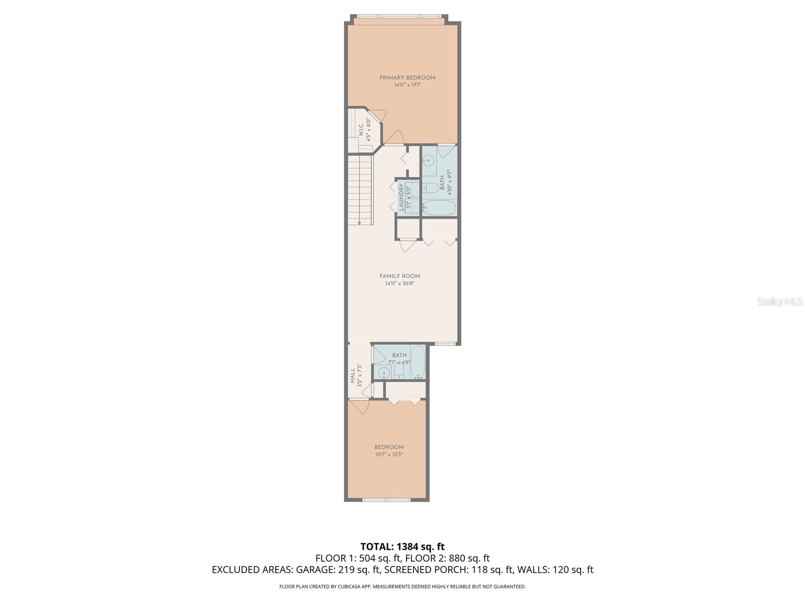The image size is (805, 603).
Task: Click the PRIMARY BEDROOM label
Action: click(x=407, y=77)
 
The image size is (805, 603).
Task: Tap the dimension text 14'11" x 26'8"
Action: click(x=399, y=283)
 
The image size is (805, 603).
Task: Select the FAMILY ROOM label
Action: click(x=399, y=276)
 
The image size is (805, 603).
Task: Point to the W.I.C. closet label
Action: click(x=361, y=130)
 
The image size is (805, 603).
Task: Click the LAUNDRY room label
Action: click(x=401, y=197)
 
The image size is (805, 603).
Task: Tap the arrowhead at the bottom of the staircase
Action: click(x=359, y=222)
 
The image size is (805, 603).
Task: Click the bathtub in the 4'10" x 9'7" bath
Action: click(x=439, y=207)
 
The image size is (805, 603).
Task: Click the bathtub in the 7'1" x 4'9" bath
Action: click(x=418, y=362)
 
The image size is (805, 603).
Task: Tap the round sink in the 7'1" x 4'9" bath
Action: click(x=384, y=373)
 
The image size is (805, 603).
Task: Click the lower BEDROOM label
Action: click(x=389, y=447)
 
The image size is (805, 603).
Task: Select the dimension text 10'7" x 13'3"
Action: click(x=389, y=454)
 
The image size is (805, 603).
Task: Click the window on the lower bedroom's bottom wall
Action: click(x=386, y=499)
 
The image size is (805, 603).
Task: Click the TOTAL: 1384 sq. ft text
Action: click(x=403, y=546)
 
